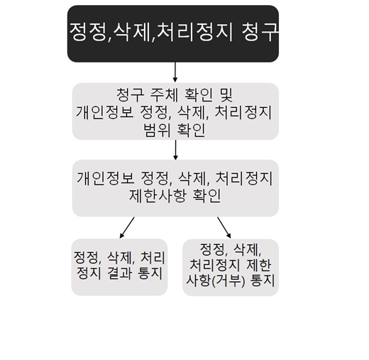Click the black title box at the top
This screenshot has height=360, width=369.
pyautogui.click(x=173, y=33)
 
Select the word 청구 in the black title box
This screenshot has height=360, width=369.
pyautogui.click(x=260, y=32)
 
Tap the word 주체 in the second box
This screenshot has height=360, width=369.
pyautogui.click(x=164, y=95)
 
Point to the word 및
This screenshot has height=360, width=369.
pyautogui.click(x=226, y=95)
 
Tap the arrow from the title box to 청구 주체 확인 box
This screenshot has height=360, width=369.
pyautogui.click(x=175, y=72)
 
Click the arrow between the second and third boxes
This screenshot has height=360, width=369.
pyautogui.click(x=175, y=150)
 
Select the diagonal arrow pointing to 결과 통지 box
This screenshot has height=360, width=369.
pyautogui.click(x=127, y=227)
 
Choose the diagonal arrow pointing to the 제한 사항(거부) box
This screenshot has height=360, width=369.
pyautogui.click(x=224, y=227)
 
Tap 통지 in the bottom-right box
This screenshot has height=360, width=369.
pyautogui.click(x=262, y=281)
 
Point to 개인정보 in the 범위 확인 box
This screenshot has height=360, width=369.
pyautogui.click(x=104, y=112)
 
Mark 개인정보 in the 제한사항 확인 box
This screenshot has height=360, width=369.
pyautogui.click(x=106, y=178)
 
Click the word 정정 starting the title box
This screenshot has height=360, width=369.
pyautogui.click(x=88, y=32)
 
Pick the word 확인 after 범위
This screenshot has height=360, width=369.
pyautogui.click(x=191, y=130)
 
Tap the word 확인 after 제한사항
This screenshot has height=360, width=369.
pyautogui.click(x=206, y=195)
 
